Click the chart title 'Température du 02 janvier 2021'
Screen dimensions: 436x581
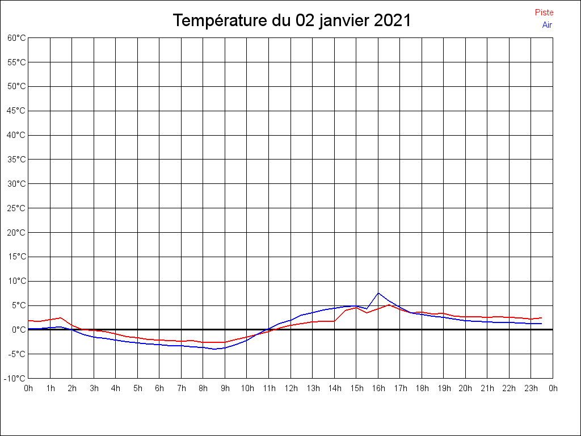[292, 20]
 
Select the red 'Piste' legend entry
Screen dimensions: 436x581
[544, 12]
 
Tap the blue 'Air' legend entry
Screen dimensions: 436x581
[547, 24]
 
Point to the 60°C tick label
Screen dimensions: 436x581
[16, 38]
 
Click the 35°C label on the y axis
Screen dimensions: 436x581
[16, 160]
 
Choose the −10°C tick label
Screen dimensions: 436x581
[15, 378]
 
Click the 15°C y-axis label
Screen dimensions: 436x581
[16, 257]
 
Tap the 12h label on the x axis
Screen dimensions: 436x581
[290, 388]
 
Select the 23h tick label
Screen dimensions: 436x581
[531, 388]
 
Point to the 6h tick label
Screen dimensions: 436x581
[159, 388]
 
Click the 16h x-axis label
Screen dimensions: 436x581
[378, 388]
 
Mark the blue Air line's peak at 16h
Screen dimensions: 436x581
[378, 293]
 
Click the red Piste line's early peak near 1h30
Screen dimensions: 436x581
[61, 317]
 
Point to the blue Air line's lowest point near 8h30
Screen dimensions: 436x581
[214, 349]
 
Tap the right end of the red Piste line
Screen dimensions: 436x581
[541, 318]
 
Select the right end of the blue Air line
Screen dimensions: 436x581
[541, 324]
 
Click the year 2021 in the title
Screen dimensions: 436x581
[392, 20]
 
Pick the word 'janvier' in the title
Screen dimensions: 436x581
[341, 20]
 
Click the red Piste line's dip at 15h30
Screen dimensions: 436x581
[367, 313]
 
